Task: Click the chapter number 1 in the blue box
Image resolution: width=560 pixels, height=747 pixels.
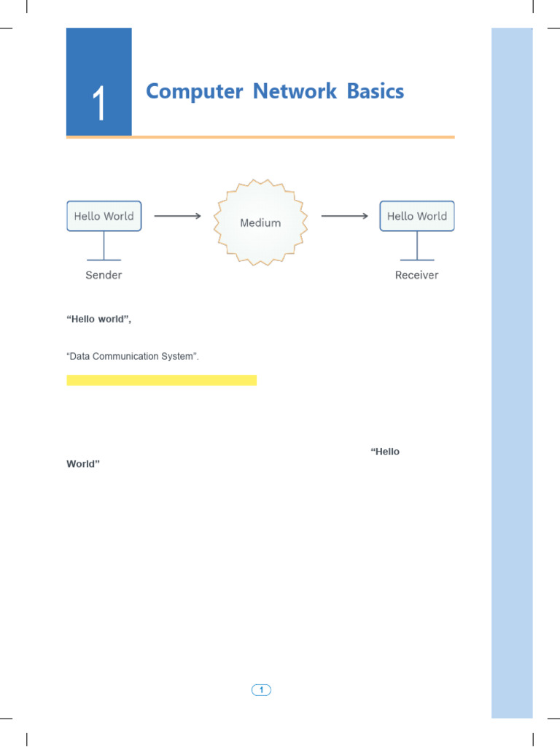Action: [x=99, y=104]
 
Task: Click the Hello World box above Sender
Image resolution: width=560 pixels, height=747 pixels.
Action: [x=104, y=217]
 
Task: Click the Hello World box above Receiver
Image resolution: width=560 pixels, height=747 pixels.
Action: [x=416, y=217]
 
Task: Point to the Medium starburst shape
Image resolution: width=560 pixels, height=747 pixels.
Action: [x=260, y=222]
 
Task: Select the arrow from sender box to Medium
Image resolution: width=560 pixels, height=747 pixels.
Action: [x=177, y=216]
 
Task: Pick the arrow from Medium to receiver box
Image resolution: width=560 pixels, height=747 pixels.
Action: [x=344, y=216]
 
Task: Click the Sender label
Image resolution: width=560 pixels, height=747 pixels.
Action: [x=104, y=275]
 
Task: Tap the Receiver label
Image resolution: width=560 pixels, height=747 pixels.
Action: [x=416, y=275]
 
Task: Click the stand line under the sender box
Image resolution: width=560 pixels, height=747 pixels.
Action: [x=104, y=246]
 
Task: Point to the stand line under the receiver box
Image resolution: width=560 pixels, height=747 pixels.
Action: [x=416, y=246]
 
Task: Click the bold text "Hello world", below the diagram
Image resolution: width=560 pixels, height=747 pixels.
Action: [x=98, y=320]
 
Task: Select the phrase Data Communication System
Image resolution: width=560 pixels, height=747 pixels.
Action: [x=132, y=357]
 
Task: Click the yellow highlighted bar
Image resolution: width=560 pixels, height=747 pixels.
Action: [x=161, y=380]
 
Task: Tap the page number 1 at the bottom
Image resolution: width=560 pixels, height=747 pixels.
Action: [x=261, y=689]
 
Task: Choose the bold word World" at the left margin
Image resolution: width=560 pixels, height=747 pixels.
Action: [x=82, y=464]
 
